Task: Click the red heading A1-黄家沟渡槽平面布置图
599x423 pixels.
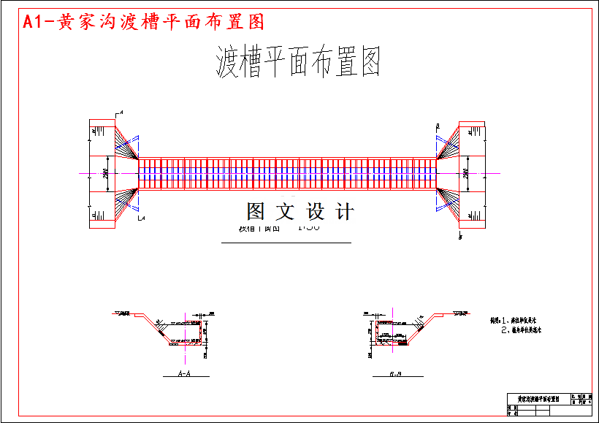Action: coord(143,22)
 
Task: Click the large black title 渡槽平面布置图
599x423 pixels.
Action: coord(299,62)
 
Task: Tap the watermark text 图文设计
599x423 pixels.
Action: coord(300,212)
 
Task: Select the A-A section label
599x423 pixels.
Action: coord(185,373)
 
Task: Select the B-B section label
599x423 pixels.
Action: coord(395,373)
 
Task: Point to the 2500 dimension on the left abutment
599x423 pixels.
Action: coord(106,173)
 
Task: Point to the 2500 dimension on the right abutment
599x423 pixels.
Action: coord(466,173)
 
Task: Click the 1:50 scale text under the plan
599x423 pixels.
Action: coord(309,226)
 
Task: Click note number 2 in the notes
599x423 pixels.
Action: coord(520,330)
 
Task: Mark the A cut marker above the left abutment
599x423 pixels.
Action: coord(120,112)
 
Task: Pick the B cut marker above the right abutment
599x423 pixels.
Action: coord(437,126)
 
